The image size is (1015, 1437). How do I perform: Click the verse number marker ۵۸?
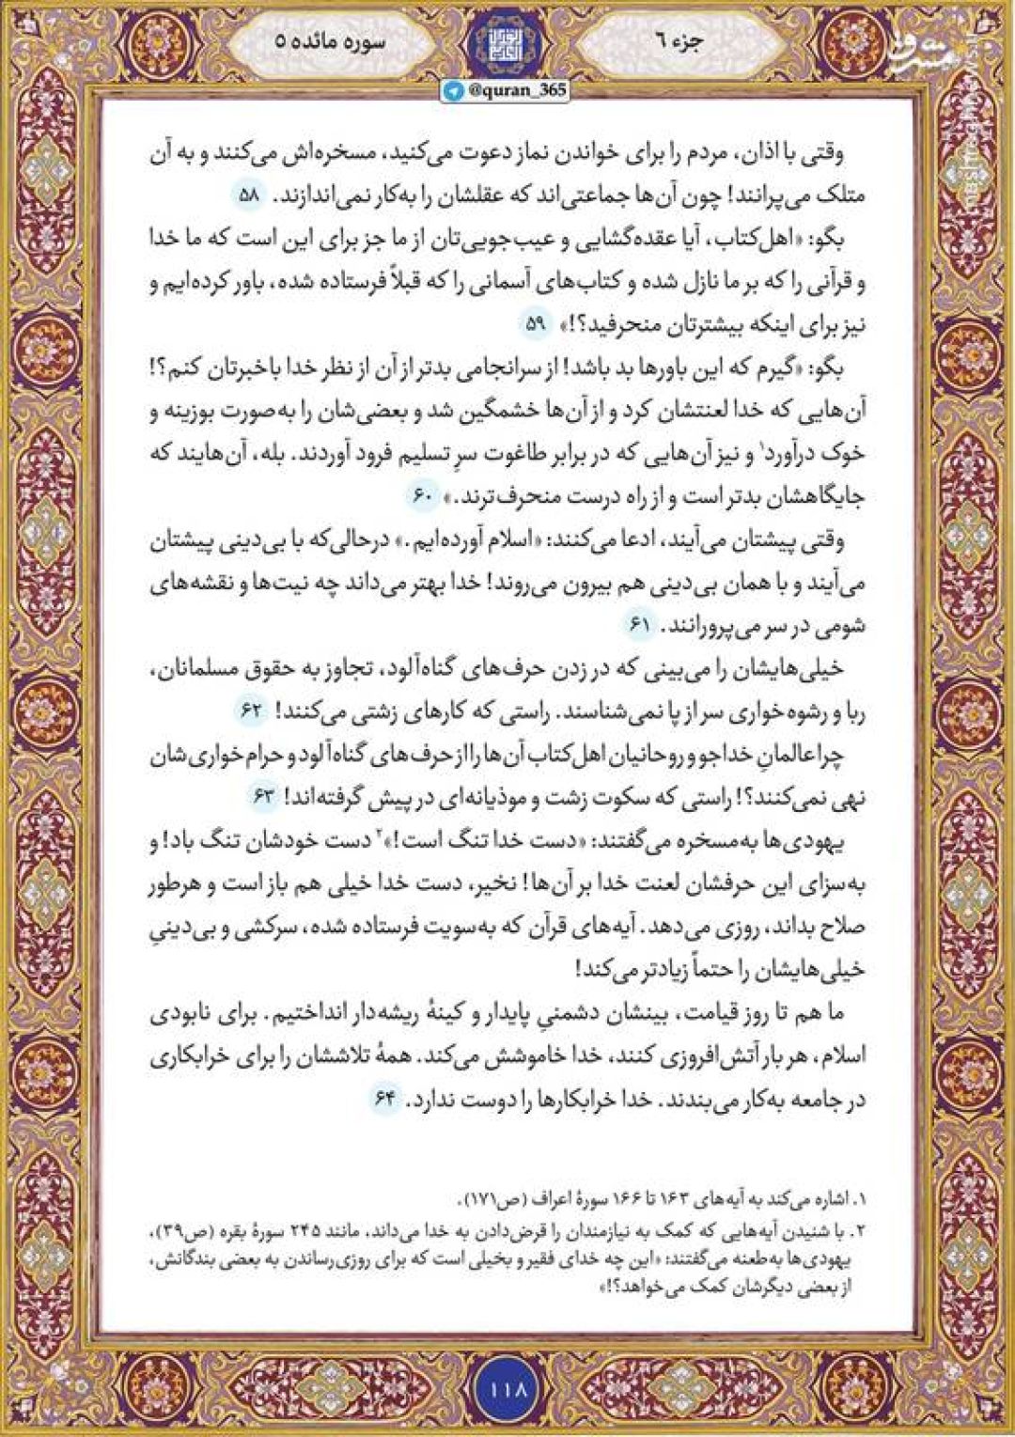[x=249, y=196]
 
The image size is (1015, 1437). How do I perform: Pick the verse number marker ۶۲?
[x=251, y=711]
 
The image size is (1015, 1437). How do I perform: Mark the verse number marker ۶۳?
[x=264, y=797]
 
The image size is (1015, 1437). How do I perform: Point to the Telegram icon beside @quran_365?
[x=455, y=90]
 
